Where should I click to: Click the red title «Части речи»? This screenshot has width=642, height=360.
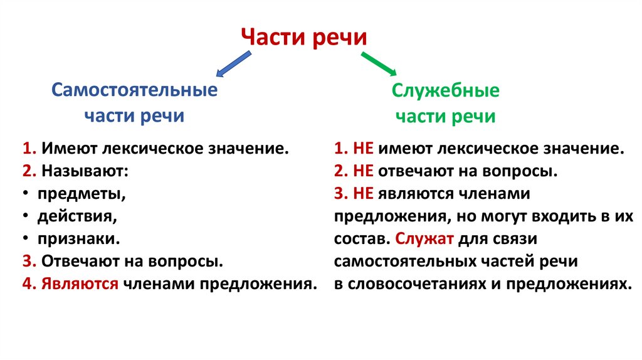click(304, 37)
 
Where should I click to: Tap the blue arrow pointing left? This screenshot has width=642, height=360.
click(233, 65)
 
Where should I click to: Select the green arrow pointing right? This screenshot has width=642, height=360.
click(378, 65)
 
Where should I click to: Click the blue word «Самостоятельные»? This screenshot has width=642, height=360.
click(134, 90)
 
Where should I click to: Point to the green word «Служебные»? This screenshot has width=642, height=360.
click(446, 90)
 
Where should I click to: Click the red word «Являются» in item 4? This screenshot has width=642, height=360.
click(80, 283)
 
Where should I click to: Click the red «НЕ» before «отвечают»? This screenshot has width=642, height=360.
click(364, 171)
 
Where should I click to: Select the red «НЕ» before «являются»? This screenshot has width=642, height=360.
click(364, 194)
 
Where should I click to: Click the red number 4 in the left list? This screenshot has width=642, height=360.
click(26, 283)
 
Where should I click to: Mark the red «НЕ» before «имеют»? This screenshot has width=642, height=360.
click(364, 149)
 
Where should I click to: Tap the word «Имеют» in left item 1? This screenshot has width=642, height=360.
click(65, 149)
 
